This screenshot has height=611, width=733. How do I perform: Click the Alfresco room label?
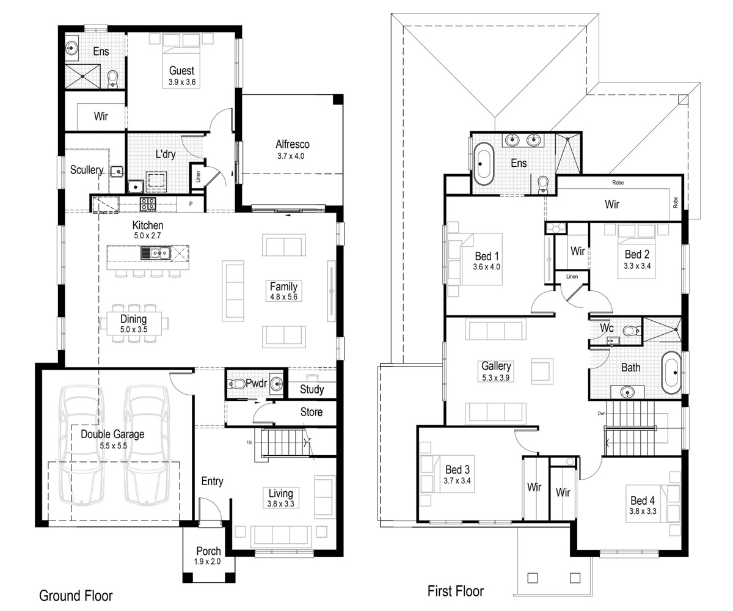(293, 144)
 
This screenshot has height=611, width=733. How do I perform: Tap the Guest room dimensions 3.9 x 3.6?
(182, 82)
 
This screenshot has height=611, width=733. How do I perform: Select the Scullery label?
(87, 170)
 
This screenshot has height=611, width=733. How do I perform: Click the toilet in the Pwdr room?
(236, 384)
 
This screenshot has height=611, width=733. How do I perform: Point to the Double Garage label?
(112, 434)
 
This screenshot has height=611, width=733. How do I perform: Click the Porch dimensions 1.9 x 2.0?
(207, 562)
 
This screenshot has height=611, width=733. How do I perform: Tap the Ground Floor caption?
(76, 596)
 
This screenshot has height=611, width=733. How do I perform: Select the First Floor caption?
(455, 591)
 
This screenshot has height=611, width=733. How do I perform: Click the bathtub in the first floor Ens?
(484, 164)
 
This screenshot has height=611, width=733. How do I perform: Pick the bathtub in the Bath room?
(671, 373)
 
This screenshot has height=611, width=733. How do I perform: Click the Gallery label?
(496, 366)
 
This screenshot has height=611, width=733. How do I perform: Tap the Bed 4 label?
(643, 500)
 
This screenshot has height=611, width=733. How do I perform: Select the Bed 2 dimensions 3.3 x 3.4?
(637, 266)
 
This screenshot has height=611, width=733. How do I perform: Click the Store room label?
(312, 412)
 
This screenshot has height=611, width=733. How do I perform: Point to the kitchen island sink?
(156, 253)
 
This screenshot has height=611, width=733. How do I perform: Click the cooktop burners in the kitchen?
(148, 204)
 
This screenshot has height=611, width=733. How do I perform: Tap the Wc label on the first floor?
(607, 328)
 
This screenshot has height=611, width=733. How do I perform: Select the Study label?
(312, 389)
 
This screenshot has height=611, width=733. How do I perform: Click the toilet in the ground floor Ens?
(112, 79)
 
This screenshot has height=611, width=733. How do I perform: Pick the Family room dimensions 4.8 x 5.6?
(283, 297)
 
